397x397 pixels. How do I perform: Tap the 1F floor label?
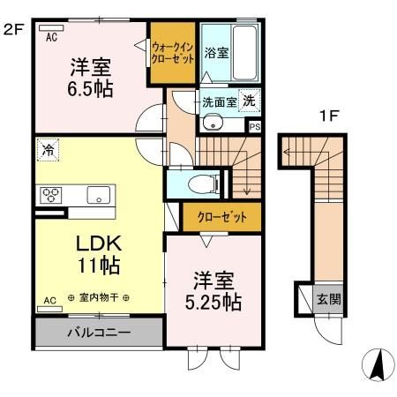pos(329,115)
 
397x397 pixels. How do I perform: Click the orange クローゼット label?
pos(215,215)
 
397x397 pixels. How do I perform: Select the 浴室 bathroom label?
pos(217,52)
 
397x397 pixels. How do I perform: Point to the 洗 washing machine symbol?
pos(250,101)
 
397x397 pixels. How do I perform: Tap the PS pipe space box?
pos(255,127)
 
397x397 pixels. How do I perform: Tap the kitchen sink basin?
pos(97,195)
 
